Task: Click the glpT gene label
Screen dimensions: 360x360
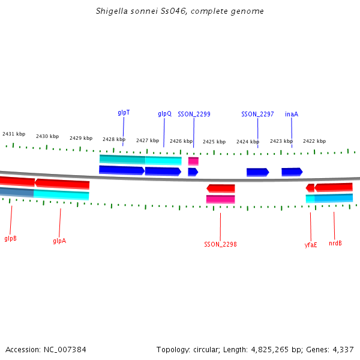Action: point(124,112)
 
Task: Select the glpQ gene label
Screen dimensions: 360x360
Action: point(164,113)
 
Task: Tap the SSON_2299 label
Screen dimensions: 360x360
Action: point(194,114)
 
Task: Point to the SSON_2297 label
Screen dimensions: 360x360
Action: point(257,114)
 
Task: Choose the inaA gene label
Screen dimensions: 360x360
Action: point(292,114)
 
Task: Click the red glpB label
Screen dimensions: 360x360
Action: point(10,238)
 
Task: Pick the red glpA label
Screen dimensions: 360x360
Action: point(59,241)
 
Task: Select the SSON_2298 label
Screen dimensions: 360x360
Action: point(220,244)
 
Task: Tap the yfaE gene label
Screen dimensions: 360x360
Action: point(311,244)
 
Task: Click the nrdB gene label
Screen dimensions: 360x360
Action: point(335,243)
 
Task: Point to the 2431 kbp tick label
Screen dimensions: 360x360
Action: point(14,134)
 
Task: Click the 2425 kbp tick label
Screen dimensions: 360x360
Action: point(214,142)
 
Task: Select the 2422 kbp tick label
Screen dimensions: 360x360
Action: point(314,141)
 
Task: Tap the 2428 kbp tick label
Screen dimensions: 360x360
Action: point(114,139)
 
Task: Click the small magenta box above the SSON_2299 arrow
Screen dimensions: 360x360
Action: point(193,161)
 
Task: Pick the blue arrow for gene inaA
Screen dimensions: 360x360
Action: point(292,172)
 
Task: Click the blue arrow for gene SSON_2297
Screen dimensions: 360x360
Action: point(257,172)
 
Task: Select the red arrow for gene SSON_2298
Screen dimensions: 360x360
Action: point(221,188)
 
